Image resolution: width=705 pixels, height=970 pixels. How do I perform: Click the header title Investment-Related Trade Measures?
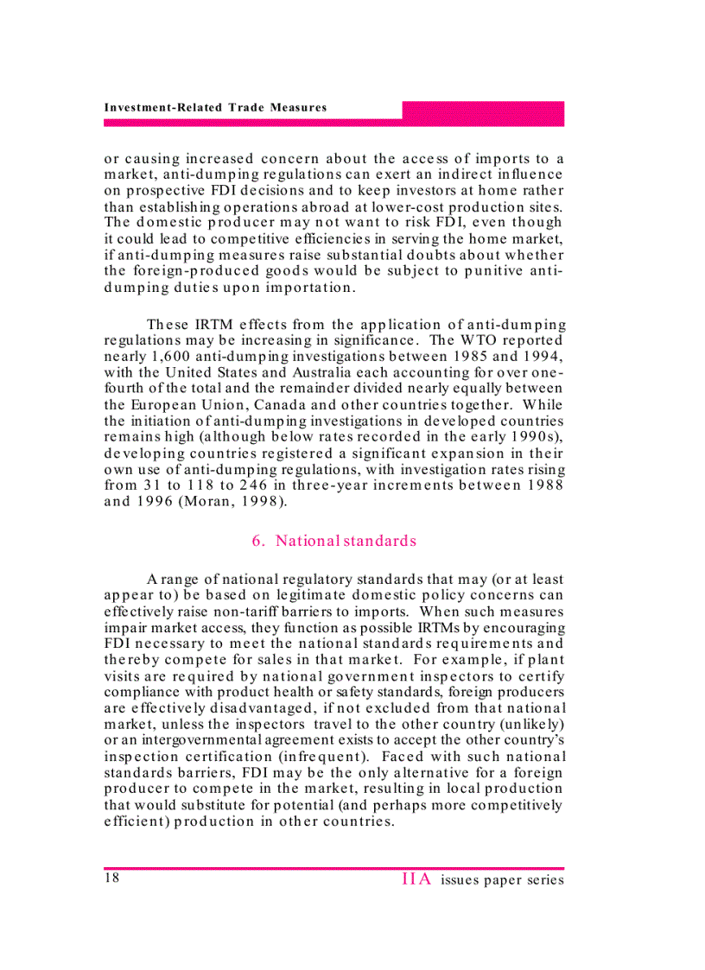tap(215, 108)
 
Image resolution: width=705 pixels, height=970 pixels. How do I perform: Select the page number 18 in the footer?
tap(111, 878)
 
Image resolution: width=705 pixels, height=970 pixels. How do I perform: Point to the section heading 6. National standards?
tap(333, 541)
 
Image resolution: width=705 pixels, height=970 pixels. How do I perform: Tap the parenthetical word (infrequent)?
tap(316, 757)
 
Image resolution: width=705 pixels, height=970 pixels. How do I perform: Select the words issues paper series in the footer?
tap(502, 880)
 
